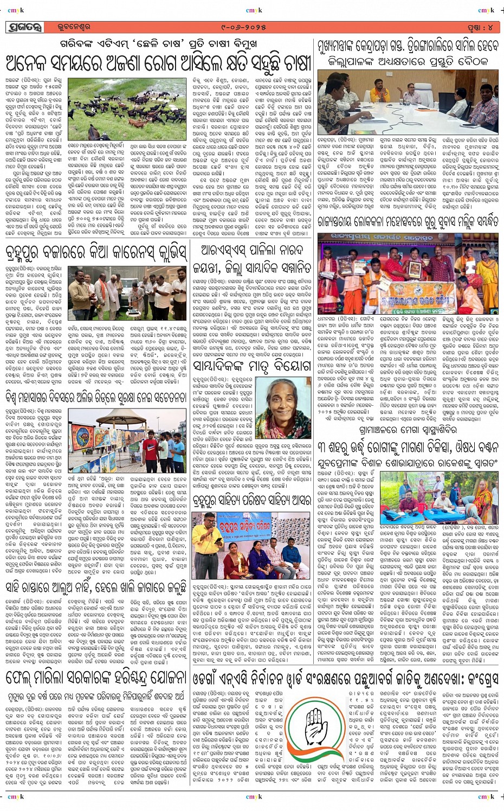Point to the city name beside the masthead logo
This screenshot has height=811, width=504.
point(73,27)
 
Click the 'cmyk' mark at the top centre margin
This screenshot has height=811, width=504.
point(254,10)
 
